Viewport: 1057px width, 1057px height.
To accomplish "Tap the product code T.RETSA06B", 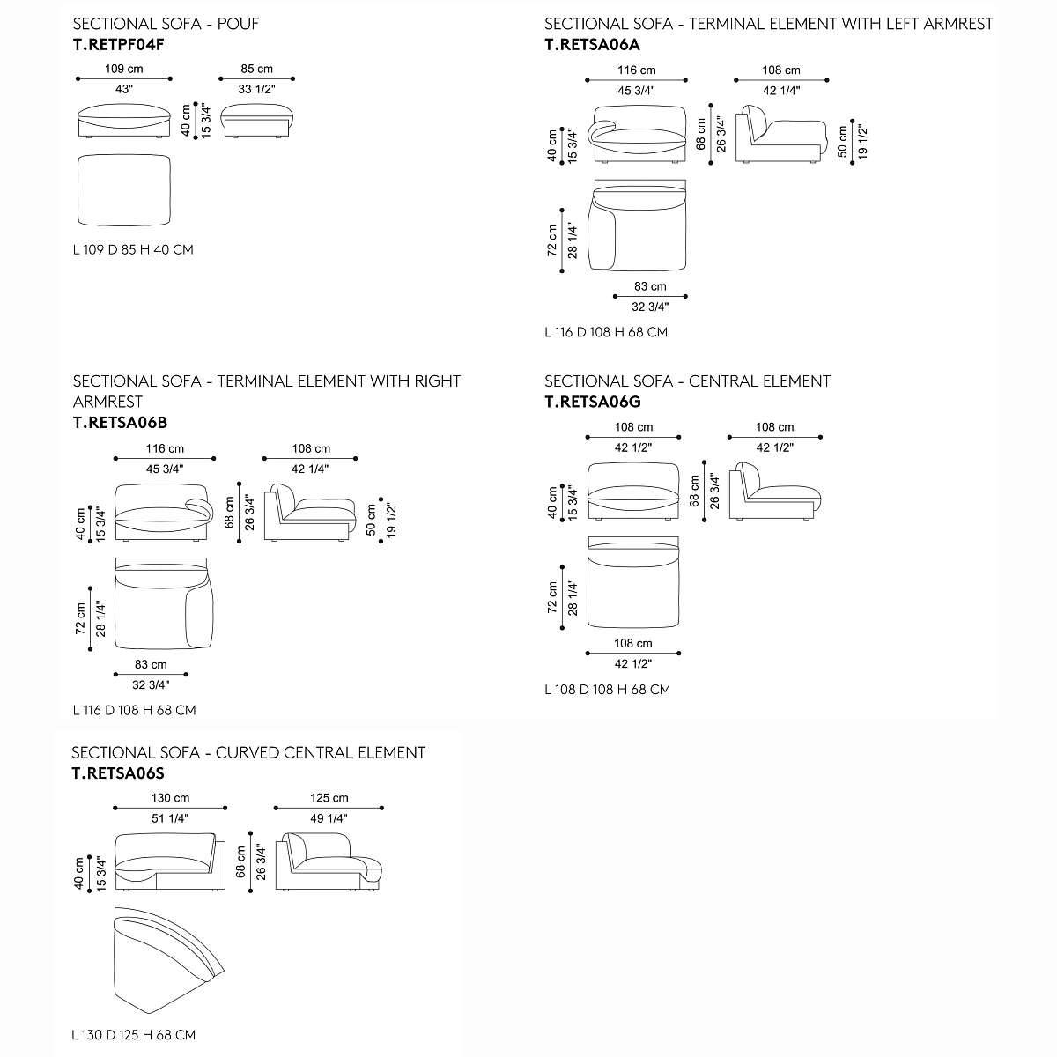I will [x=120, y=421].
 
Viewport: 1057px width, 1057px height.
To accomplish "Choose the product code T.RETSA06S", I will [x=118, y=773].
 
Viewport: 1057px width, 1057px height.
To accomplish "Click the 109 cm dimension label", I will [x=124, y=69].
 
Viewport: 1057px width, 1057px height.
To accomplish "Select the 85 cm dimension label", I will [x=256, y=69].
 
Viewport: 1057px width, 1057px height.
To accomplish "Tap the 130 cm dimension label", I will [x=170, y=798].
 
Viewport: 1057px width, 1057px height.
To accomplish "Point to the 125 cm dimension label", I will [x=329, y=798].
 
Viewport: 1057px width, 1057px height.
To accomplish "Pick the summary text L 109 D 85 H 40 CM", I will [x=133, y=250].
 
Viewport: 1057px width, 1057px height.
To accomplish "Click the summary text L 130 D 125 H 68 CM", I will [x=134, y=1035].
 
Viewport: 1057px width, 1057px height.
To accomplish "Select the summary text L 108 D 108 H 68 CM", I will [x=607, y=689].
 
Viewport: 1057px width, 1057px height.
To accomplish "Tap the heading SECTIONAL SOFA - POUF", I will [x=166, y=23].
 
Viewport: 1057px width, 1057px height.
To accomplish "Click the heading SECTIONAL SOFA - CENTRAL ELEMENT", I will [x=687, y=381].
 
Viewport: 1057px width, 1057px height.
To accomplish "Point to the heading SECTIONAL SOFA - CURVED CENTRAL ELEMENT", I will [x=248, y=753].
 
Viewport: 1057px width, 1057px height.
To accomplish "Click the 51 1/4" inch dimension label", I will [x=170, y=818].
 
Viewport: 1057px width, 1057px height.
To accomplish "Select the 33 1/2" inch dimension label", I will [x=256, y=89].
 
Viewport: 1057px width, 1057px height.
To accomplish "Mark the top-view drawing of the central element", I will [x=633, y=583].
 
